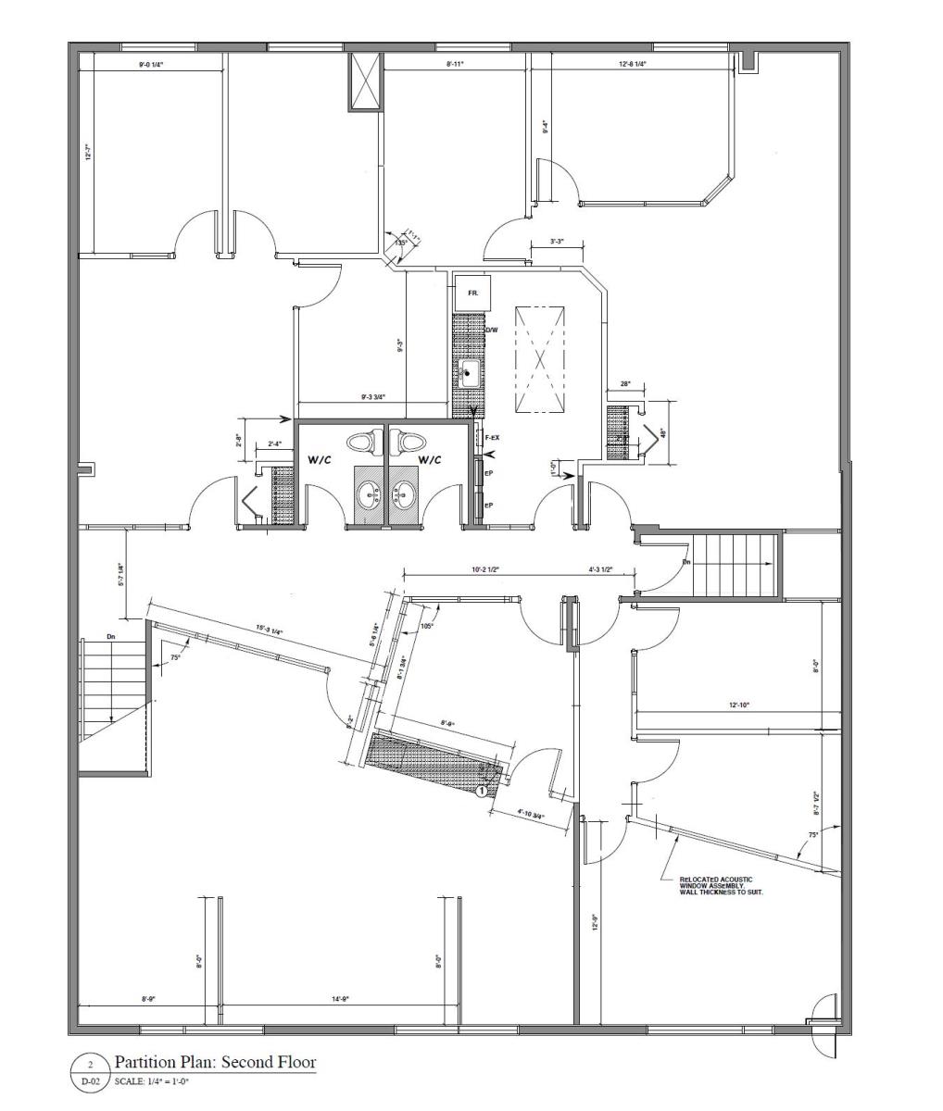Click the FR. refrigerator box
(471, 293)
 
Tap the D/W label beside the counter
(491, 330)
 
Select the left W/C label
(321, 459)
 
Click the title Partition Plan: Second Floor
(214, 1061)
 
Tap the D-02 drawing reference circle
(90, 1072)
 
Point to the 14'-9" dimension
(339, 999)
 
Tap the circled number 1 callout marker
(482, 791)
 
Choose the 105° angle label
(427, 626)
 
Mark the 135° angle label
(400, 243)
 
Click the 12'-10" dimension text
(738, 705)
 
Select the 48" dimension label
(662, 431)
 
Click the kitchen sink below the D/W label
(469, 374)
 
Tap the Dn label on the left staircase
(110, 637)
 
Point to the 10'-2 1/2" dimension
(485, 570)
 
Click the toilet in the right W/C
(410, 442)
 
